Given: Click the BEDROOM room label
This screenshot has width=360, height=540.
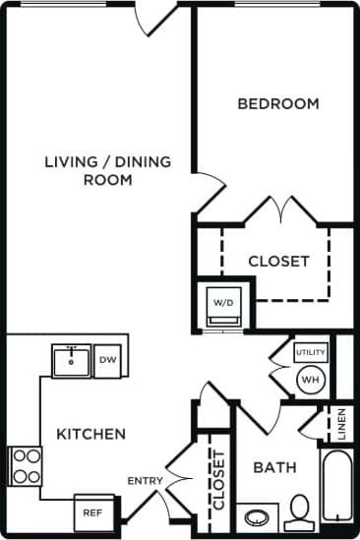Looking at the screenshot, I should [x=278, y=103].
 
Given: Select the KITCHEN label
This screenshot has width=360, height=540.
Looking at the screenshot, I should [x=90, y=433].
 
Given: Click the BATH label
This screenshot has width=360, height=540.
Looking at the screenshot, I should [x=274, y=467].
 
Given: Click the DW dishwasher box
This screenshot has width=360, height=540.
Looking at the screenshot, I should [x=108, y=361].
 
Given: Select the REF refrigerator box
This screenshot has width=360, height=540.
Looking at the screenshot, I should [x=91, y=512].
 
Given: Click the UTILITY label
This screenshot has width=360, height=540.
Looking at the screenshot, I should [x=310, y=351].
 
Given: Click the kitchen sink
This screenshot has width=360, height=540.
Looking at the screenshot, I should [x=71, y=361].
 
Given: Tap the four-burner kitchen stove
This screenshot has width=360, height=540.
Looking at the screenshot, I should [x=26, y=466].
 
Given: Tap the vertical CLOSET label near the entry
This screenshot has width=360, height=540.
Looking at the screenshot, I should [x=218, y=479].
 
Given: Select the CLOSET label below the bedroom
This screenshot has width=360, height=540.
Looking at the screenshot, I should [x=278, y=262].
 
